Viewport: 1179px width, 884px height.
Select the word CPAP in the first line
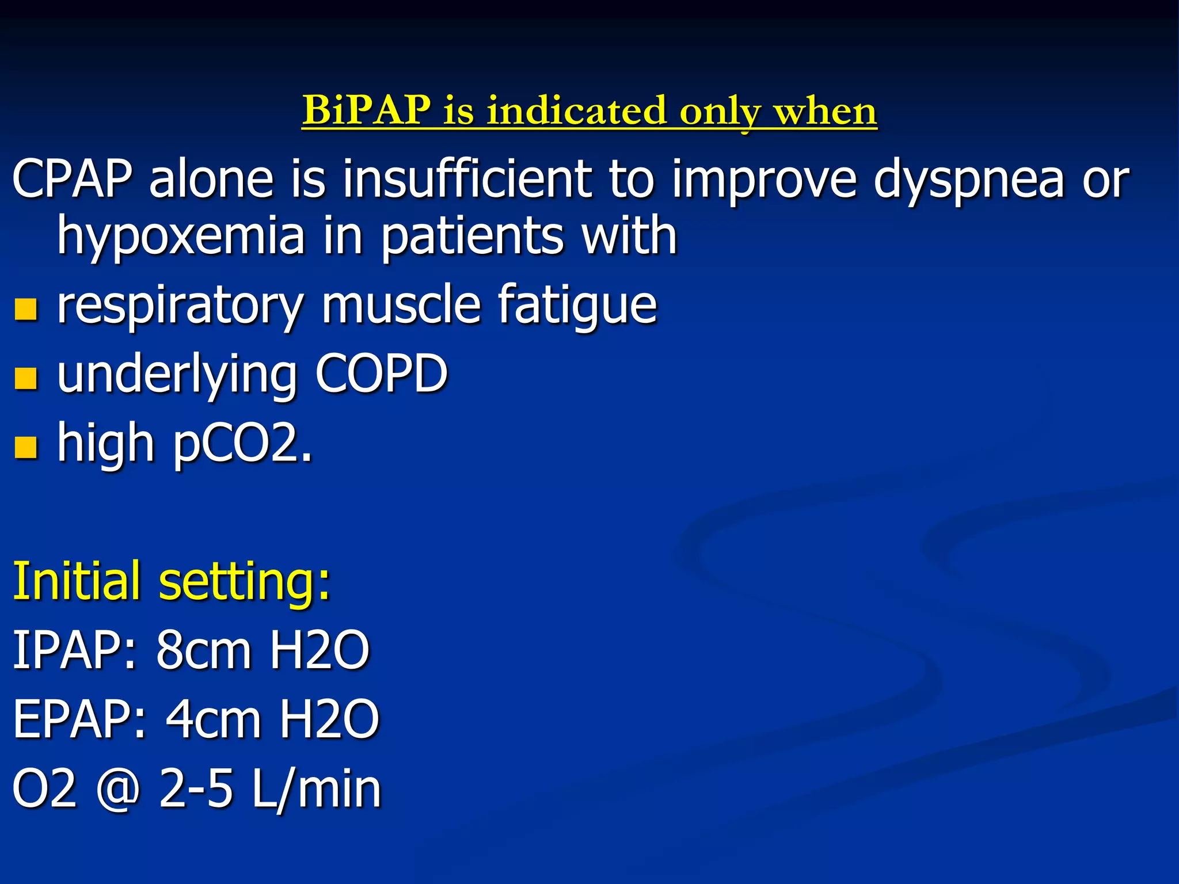point(72,179)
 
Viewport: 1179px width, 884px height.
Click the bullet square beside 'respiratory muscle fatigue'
point(26,309)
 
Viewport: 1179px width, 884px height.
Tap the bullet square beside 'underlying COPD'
point(26,378)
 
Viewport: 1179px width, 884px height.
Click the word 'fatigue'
point(577,306)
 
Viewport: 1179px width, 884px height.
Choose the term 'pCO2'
point(242,444)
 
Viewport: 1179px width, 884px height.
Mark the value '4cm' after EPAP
point(214,719)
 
